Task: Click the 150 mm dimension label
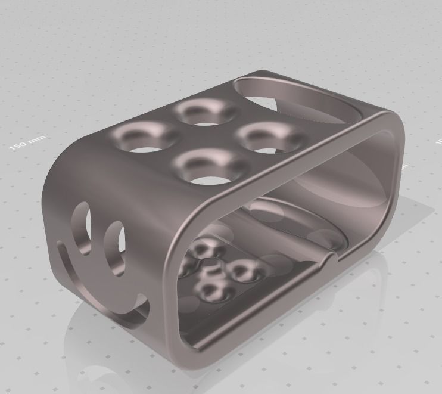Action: [x=28, y=143]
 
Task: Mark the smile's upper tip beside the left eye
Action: [x=62, y=244]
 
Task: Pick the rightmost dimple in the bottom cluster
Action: [x=242, y=271]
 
